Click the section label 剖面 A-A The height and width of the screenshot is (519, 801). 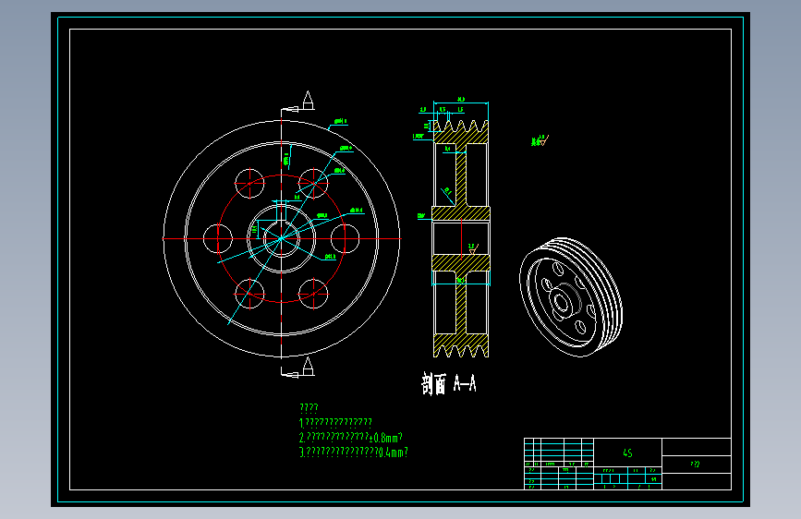click(449, 384)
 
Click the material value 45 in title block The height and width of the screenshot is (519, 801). click(627, 453)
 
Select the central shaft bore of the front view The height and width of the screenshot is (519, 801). click(281, 239)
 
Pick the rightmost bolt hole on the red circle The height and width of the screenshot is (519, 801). click(345, 238)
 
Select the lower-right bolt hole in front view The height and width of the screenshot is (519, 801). click(314, 294)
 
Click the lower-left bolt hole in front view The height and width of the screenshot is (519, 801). click(249, 294)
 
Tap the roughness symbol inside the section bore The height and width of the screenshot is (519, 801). click(472, 247)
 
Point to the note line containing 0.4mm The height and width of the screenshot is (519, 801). click(353, 453)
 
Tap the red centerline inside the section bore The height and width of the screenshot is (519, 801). click(461, 239)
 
